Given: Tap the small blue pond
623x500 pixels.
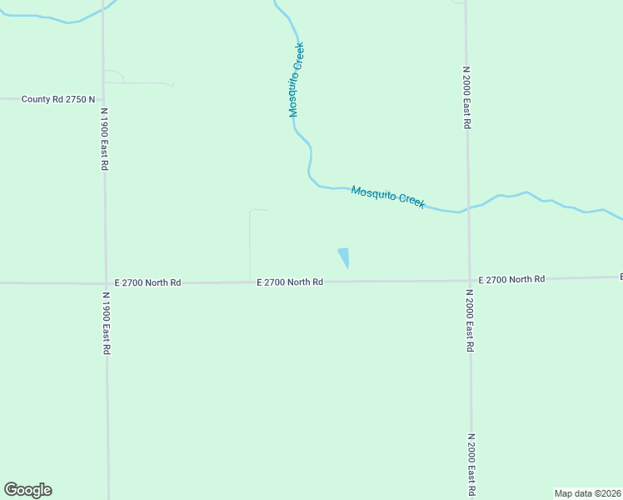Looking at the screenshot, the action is point(344,257).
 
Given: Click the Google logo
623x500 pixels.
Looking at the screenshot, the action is point(28,490).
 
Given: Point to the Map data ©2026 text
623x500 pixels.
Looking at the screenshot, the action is point(587,493).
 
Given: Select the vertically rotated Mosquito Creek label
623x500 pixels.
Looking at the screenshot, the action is point(297,80).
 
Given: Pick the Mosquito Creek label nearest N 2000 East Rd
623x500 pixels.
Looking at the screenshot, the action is point(387,197).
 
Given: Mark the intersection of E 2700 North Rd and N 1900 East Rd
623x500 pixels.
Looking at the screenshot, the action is point(105,283).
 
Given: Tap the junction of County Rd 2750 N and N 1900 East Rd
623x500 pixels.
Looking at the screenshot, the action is point(103,98).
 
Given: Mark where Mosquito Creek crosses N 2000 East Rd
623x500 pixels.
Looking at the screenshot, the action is point(467,207).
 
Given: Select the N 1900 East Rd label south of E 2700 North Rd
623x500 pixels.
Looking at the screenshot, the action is point(106,323).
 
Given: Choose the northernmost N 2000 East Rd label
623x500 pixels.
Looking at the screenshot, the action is point(467,97).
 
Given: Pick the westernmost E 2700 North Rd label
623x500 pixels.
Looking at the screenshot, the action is point(147,282).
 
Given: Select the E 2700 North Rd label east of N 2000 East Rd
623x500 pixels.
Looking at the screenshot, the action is point(511,279).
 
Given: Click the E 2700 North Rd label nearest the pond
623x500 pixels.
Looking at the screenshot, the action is point(289,282).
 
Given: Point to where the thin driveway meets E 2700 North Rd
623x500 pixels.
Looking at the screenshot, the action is point(250,282).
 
